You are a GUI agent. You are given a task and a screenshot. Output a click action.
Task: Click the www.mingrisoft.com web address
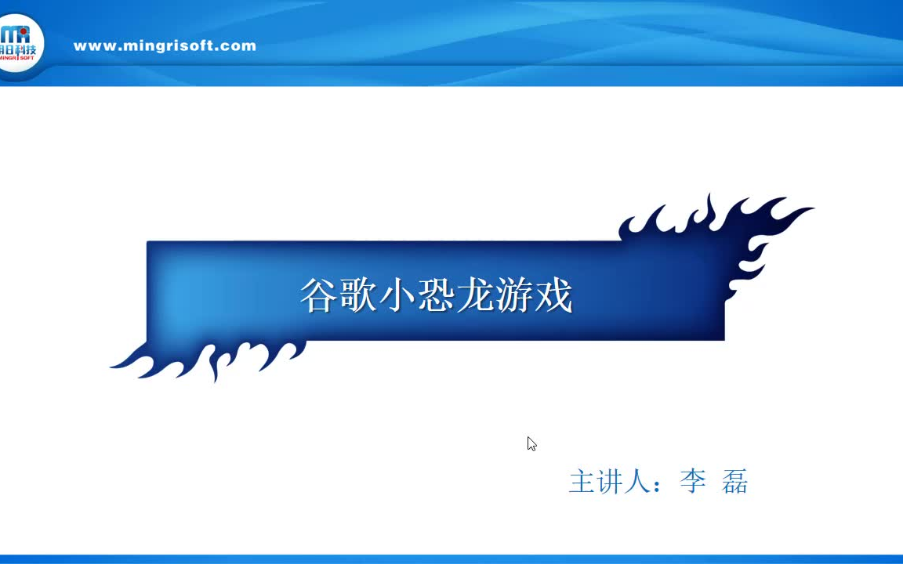[165, 45]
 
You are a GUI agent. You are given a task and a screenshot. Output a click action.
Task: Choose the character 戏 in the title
[554, 296]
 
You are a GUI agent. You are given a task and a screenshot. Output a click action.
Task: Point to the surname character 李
[693, 481]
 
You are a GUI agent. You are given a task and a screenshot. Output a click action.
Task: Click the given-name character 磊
[735, 481]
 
